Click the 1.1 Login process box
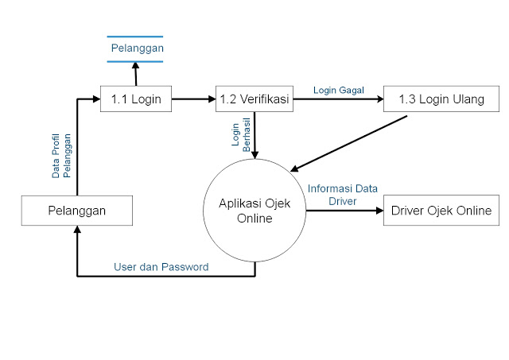tap(136, 99)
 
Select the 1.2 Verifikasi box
tap(253, 99)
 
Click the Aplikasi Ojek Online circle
tap(255, 211)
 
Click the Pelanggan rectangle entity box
tap(76, 211)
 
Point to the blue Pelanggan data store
tap(136, 48)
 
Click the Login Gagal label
tap(338, 90)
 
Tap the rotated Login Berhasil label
tap(241, 136)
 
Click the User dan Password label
tap(161, 267)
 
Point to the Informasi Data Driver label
tap(343, 195)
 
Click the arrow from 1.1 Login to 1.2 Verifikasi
tap(193, 99)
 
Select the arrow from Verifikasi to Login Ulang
tap(337, 99)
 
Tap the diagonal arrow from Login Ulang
tap(350, 144)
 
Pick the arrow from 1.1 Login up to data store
tap(136, 75)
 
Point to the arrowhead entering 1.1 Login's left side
tap(95, 99)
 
